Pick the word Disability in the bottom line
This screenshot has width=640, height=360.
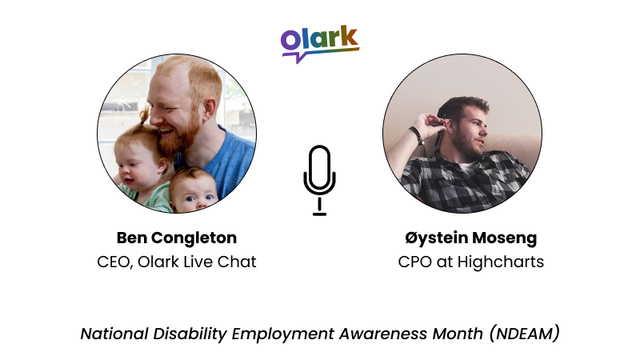point(187,334)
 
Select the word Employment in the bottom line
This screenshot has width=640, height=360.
point(275,334)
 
